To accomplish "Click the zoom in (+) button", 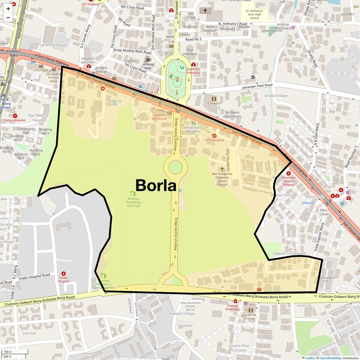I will click(8, 9).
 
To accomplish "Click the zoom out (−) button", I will click(8, 17).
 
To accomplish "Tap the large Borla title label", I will click(156, 185).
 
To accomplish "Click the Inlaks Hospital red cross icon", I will click(64, 274).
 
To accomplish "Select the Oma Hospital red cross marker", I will click(214, 136).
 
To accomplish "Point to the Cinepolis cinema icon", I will click(214, 99).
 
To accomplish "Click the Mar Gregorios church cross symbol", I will click(222, 169).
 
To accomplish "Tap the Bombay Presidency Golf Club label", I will click(133, 202).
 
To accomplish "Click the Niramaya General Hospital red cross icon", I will click(289, 173).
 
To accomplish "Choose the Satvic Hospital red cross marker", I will click(15, 116).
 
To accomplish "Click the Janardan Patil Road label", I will click(257, 86).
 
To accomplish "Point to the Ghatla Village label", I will click(276, 96).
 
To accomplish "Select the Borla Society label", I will click(234, 281).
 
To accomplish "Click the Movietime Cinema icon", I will click(251, 310).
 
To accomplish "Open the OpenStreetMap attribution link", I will click(330, 358).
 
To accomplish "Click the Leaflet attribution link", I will click(310, 358).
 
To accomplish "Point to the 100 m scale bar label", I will click(8, 352).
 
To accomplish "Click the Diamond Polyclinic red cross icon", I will click(193, 64).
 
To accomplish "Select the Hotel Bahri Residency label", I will click(193, 129).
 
